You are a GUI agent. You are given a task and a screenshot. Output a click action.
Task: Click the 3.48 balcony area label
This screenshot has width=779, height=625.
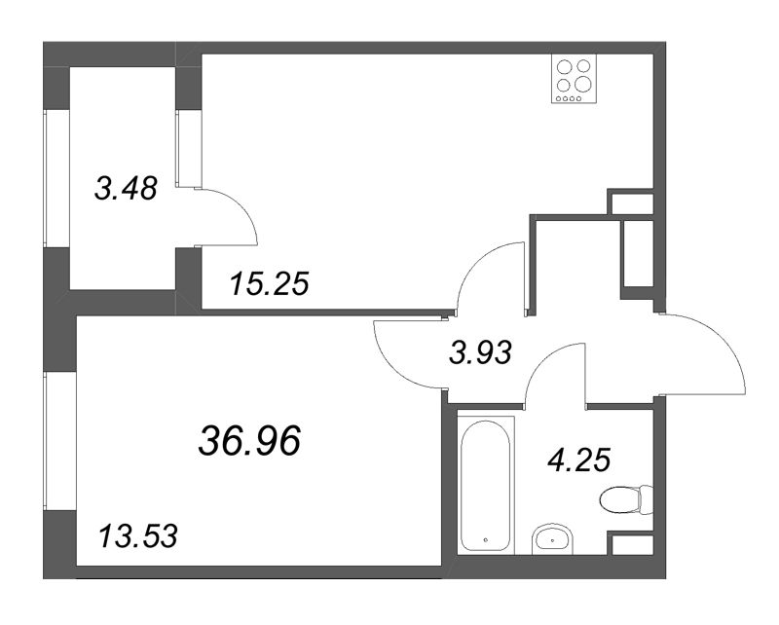coord(126,189)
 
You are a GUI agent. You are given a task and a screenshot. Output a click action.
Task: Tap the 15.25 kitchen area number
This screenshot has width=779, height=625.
coord(270,284)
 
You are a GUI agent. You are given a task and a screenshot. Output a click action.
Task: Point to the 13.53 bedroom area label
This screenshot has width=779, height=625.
coord(137,536)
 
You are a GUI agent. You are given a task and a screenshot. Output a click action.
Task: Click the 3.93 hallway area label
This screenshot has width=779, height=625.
coord(479,353)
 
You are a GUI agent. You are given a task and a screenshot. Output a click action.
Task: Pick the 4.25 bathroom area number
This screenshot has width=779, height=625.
coord(578,460)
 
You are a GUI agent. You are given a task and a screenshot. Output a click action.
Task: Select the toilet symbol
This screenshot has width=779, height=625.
coord(626,499)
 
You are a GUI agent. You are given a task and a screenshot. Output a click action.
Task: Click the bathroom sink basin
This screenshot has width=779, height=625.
coord(552,538)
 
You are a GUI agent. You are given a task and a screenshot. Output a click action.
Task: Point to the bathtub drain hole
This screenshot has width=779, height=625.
coord(485,539)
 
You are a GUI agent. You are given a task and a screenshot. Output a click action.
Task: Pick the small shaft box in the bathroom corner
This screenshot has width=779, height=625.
coord(632,544)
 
